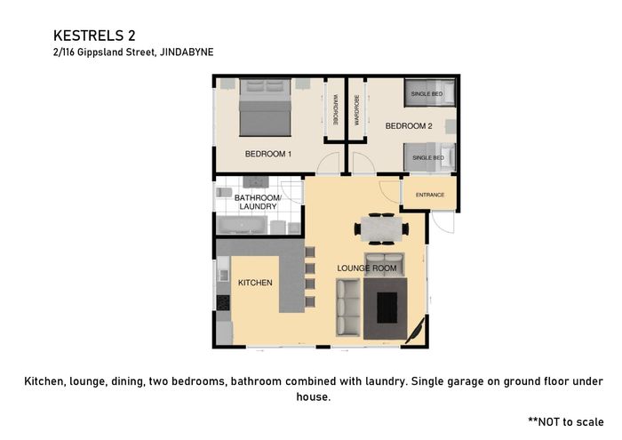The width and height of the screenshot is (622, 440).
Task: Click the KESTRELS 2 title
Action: (x=94, y=36)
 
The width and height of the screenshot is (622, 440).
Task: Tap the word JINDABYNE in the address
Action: (x=187, y=52)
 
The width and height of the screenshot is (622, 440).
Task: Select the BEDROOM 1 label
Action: (x=268, y=154)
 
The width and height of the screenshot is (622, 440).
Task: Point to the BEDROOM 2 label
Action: (x=409, y=126)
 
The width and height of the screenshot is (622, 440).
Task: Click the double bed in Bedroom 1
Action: (x=266, y=108)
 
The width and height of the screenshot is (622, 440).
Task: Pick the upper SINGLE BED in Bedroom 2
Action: (x=429, y=93)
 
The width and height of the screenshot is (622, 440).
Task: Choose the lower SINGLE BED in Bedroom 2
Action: (x=429, y=157)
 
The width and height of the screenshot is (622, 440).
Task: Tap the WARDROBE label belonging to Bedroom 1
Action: (x=335, y=110)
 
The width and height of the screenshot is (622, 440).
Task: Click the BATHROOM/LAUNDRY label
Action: (x=258, y=202)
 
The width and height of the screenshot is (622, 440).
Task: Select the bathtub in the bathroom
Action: (x=241, y=225)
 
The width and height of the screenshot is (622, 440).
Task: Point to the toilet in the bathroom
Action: (x=224, y=192)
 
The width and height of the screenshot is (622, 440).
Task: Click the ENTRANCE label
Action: (x=430, y=195)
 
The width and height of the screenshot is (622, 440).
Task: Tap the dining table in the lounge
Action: (x=381, y=229)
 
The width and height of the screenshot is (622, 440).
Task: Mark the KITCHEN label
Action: (x=255, y=283)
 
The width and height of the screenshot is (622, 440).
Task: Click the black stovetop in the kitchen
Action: (x=223, y=303)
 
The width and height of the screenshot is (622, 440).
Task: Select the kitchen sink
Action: (x=223, y=275)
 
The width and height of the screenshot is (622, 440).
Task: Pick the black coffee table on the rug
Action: (x=387, y=308)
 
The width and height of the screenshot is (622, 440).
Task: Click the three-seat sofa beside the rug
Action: (x=348, y=308)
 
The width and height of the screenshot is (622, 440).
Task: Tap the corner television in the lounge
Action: (x=416, y=329)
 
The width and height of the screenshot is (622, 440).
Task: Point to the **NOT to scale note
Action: (x=566, y=421)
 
